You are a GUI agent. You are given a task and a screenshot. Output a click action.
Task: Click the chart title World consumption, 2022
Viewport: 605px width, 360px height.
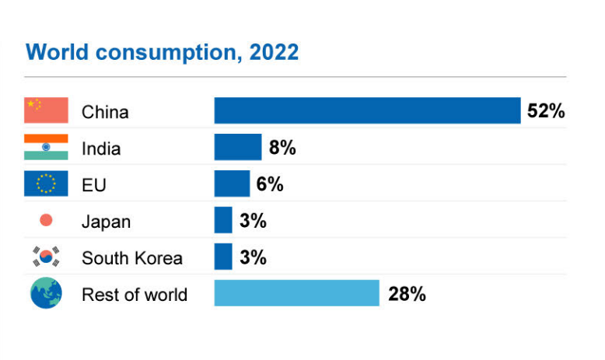click(x=162, y=52)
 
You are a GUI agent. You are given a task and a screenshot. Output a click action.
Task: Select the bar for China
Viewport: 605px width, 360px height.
click(x=367, y=110)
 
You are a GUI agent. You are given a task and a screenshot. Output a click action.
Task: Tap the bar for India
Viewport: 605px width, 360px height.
click(x=237, y=147)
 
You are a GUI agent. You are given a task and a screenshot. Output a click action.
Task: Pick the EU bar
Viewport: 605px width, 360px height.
click(x=232, y=183)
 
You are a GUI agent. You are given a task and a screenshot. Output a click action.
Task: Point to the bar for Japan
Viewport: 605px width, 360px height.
click(x=223, y=220)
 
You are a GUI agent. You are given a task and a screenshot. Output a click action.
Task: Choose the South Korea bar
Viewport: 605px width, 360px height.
click(x=223, y=257)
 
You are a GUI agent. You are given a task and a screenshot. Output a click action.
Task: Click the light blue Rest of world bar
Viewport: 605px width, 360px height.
click(x=296, y=293)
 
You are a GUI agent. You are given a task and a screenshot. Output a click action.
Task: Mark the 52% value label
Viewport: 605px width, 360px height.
click(x=545, y=111)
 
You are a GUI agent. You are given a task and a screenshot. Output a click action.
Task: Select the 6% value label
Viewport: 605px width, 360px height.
click(x=270, y=184)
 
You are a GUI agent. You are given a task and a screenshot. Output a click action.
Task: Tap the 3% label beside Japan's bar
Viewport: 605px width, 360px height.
click(x=253, y=221)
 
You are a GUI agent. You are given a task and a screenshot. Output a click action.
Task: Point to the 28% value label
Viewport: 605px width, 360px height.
click(x=407, y=294)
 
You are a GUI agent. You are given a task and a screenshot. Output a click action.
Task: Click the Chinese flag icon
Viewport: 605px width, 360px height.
click(x=46, y=110)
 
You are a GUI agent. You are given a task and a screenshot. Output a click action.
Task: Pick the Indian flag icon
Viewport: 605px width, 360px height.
click(x=46, y=147)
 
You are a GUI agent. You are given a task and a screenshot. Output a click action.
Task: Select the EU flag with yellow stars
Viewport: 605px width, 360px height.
click(x=46, y=183)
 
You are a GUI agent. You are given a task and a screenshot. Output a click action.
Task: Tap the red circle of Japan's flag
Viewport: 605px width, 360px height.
click(x=46, y=220)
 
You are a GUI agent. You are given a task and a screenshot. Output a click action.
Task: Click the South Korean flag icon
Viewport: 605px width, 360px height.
click(x=46, y=257)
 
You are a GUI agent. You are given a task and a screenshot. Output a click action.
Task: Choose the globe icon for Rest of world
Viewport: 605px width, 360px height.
click(x=46, y=293)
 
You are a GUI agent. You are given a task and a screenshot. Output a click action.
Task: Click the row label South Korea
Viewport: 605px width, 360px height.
click(x=131, y=258)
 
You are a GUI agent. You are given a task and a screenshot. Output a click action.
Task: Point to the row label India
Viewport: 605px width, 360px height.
click(x=101, y=149)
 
